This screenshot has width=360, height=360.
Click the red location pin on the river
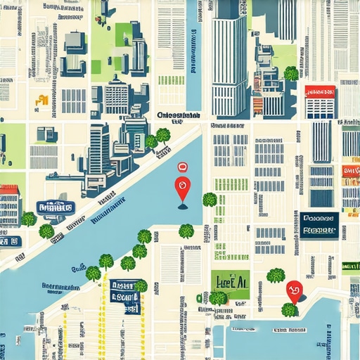[x=183, y=188]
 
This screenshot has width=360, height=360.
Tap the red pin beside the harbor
[x=294, y=288]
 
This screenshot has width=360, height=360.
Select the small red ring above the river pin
[x=182, y=167]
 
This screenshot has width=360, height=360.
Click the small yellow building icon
[x=42, y=100]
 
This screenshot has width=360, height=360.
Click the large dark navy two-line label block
[x=319, y=223]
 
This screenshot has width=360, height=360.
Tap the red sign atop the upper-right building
[x=320, y=91]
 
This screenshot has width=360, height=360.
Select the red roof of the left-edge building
[x=8, y=189]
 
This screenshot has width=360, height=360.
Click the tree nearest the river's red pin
[x=210, y=200]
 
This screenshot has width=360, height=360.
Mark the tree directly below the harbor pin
[x=289, y=309]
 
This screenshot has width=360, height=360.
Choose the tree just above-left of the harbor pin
[x=276, y=275]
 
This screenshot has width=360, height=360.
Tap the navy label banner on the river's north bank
[x=56, y=207]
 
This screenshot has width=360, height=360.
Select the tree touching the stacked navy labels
[x=140, y=286]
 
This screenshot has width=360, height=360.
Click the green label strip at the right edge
[x=351, y=266]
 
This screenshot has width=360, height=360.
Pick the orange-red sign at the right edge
[x=350, y=171]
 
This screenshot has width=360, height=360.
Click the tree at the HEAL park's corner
[x=219, y=298]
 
